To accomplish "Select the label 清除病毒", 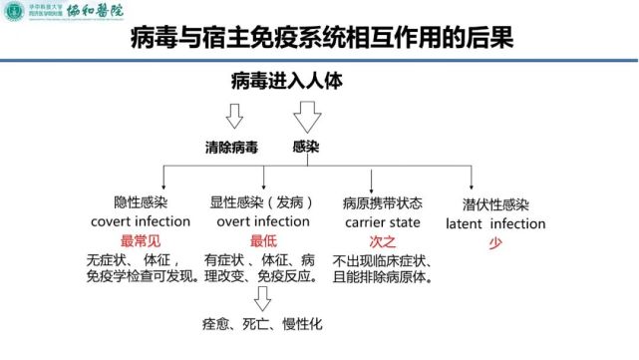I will (x=232, y=146).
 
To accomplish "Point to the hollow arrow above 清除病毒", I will (x=235, y=117).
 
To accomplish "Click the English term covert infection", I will (x=140, y=220).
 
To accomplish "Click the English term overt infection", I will (x=262, y=220).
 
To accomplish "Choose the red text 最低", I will (x=263, y=240).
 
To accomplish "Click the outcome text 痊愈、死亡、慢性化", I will (x=262, y=324).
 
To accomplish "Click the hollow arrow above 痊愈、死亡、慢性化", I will (x=263, y=298).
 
